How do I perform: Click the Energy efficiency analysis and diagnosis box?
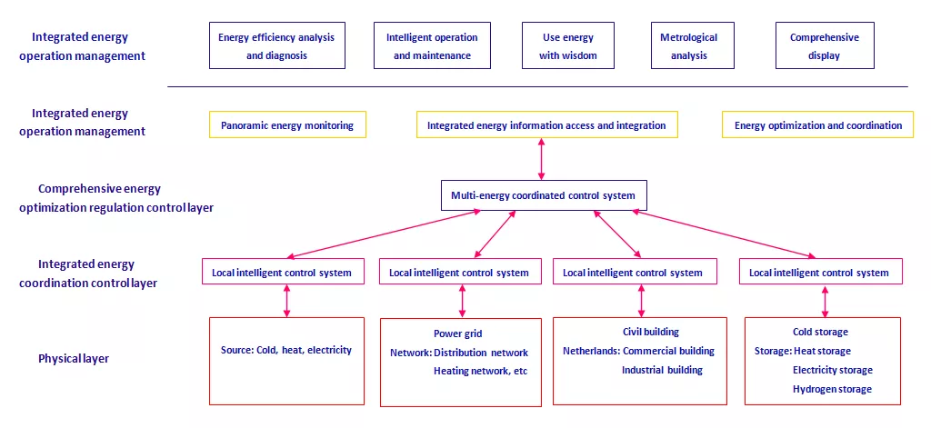pyautogui.click(x=276, y=45)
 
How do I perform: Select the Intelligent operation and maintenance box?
pyautogui.click(x=432, y=45)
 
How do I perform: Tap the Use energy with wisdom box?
pyautogui.click(x=568, y=45)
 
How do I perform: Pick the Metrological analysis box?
pyautogui.click(x=692, y=45)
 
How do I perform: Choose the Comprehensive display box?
pyautogui.click(x=825, y=45)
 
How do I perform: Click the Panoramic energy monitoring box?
pyautogui.click(x=287, y=124)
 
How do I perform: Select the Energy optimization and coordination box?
pyautogui.click(x=817, y=124)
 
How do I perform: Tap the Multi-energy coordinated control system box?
pyautogui.click(x=544, y=195)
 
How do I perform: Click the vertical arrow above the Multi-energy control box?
pyautogui.click(x=541, y=159)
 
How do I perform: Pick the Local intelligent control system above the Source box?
pyautogui.click(x=282, y=272)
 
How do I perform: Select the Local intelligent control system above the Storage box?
pyautogui.click(x=821, y=272)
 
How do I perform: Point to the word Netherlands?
pyautogui.click(x=591, y=351)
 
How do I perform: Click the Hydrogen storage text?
pyautogui.click(x=833, y=390)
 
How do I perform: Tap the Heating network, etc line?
pyautogui.click(x=480, y=371)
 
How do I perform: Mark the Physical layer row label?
pyautogui.click(x=74, y=359)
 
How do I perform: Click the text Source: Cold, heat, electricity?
pyautogui.click(x=286, y=350)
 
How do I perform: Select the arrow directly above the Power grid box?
pyautogui.click(x=462, y=301)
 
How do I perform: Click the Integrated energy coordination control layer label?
pyautogui.click(x=88, y=274)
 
